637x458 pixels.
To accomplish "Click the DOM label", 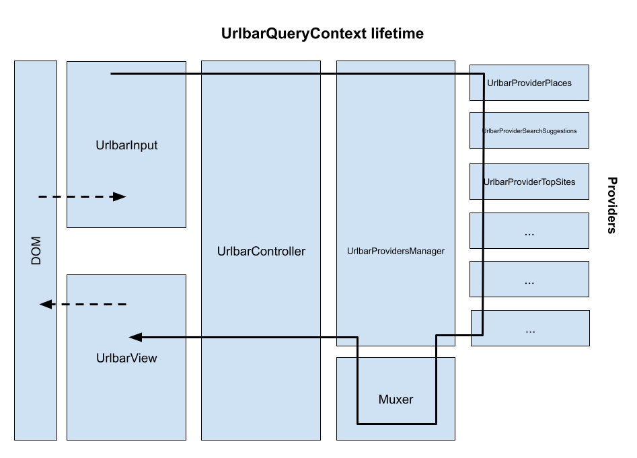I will click(36, 250).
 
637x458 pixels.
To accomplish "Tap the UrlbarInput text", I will click(126, 145).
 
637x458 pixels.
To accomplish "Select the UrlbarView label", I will click(126, 358).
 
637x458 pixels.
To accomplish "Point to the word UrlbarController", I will click(261, 252).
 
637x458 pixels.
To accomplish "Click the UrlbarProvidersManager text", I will click(396, 252).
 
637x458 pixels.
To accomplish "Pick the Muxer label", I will click(396, 399).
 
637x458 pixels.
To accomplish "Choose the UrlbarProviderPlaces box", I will click(529, 83).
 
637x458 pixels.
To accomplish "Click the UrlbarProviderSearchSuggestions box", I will click(529, 130).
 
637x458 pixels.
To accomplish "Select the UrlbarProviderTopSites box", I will click(529, 182).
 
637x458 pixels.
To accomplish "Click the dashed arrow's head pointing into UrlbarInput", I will click(120, 197).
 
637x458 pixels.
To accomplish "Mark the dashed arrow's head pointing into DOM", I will click(46, 305).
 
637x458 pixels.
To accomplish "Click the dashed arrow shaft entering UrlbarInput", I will click(74, 197).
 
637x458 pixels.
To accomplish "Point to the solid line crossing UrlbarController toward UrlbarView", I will click(261, 337).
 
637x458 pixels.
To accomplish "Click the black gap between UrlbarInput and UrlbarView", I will click(126, 251).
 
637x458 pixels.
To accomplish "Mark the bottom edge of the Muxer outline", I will click(396, 424).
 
